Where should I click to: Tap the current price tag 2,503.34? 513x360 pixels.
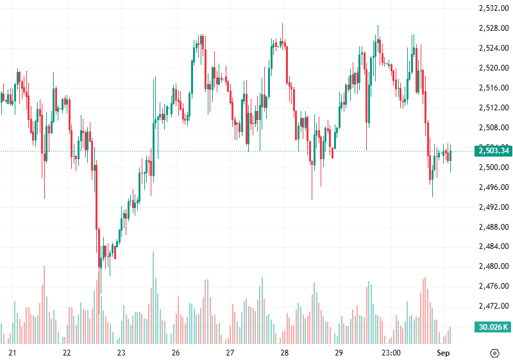point(493,151)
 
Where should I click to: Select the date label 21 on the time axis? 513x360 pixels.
point(12,353)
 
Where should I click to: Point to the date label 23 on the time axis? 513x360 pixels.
point(121,353)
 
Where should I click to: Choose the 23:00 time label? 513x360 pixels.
point(391,353)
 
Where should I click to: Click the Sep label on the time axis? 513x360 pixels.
point(443,353)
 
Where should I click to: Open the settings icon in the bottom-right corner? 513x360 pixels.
point(494,353)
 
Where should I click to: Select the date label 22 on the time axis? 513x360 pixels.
point(67,353)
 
